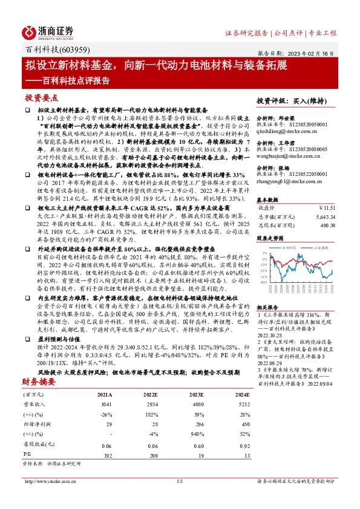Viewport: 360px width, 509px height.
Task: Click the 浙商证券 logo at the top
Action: point(49,31)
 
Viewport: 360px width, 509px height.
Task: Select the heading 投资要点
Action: point(41,98)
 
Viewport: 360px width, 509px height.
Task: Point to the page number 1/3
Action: point(179,482)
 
